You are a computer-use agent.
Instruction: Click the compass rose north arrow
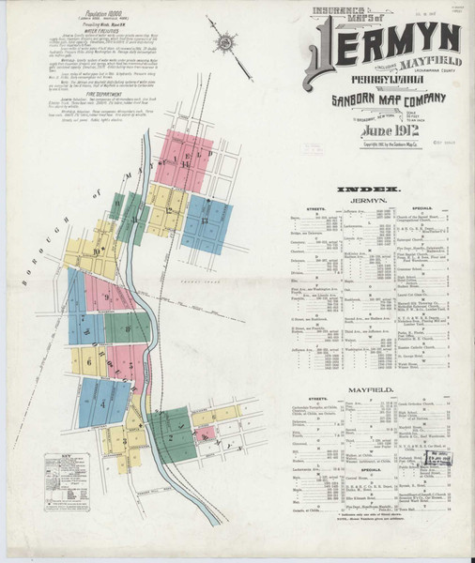pyautogui.click(x=225, y=43)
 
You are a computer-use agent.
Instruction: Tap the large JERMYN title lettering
pyautogui.click(x=385, y=39)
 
